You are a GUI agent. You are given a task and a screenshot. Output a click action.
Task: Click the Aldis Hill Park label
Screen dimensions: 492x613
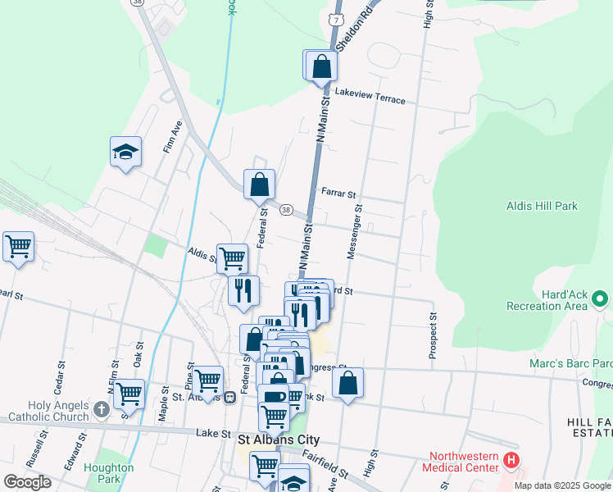point(542,206)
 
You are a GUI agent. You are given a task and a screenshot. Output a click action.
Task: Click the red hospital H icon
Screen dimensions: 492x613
point(511,462)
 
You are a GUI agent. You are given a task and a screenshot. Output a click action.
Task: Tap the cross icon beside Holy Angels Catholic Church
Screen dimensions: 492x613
point(100,408)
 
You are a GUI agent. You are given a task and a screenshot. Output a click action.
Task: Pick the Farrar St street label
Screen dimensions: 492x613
point(338,194)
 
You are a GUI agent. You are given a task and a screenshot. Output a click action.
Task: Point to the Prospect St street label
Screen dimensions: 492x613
point(433,335)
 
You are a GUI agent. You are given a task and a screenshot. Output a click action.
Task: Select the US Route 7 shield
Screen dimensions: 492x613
point(334,17)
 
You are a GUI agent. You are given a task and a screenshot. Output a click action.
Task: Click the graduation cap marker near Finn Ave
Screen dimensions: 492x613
point(125,151)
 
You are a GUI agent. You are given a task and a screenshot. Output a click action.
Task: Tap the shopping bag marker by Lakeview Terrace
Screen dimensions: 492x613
point(322,66)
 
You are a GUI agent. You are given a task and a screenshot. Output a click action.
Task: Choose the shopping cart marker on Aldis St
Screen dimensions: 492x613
point(233,258)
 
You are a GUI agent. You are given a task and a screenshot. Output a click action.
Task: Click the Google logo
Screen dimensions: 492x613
point(27,481)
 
